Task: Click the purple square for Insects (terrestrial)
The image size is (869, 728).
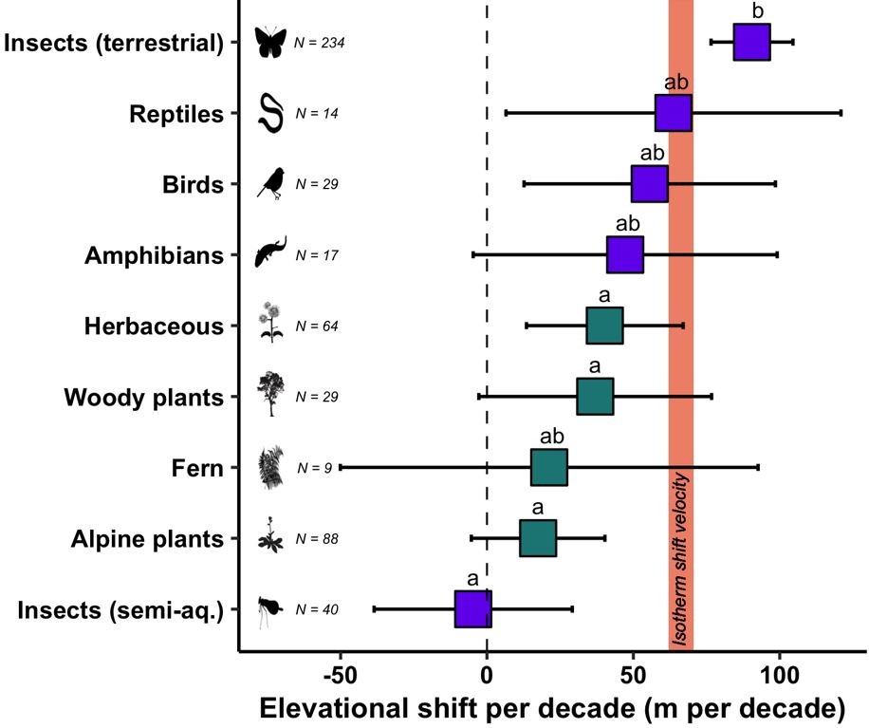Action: [x=751, y=43]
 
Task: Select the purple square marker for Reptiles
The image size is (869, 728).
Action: [x=674, y=113]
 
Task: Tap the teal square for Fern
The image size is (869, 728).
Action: [x=549, y=467]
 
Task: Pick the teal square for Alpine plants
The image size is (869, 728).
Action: [x=538, y=538]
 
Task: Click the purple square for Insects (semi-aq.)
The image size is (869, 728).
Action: [x=473, y=608]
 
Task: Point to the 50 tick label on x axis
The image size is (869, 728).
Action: [x=633, y=675]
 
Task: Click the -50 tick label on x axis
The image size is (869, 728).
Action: [x=339, y=675]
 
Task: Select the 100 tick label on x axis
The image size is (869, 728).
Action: [x=780, y=675]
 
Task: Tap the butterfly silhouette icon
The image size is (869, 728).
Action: [x=270, y=43]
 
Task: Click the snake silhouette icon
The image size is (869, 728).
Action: [x=271, y=113]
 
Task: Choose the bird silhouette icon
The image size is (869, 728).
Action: [x=271, y=183]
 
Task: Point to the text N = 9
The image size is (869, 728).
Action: [x=314, y=468]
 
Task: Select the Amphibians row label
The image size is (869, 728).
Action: [x=154, y=255]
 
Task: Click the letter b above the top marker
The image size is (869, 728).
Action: [x=757, y=12]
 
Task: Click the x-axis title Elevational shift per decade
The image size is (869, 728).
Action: [x=552, y=709]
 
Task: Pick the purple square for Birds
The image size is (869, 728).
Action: [x=650, y=184]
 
